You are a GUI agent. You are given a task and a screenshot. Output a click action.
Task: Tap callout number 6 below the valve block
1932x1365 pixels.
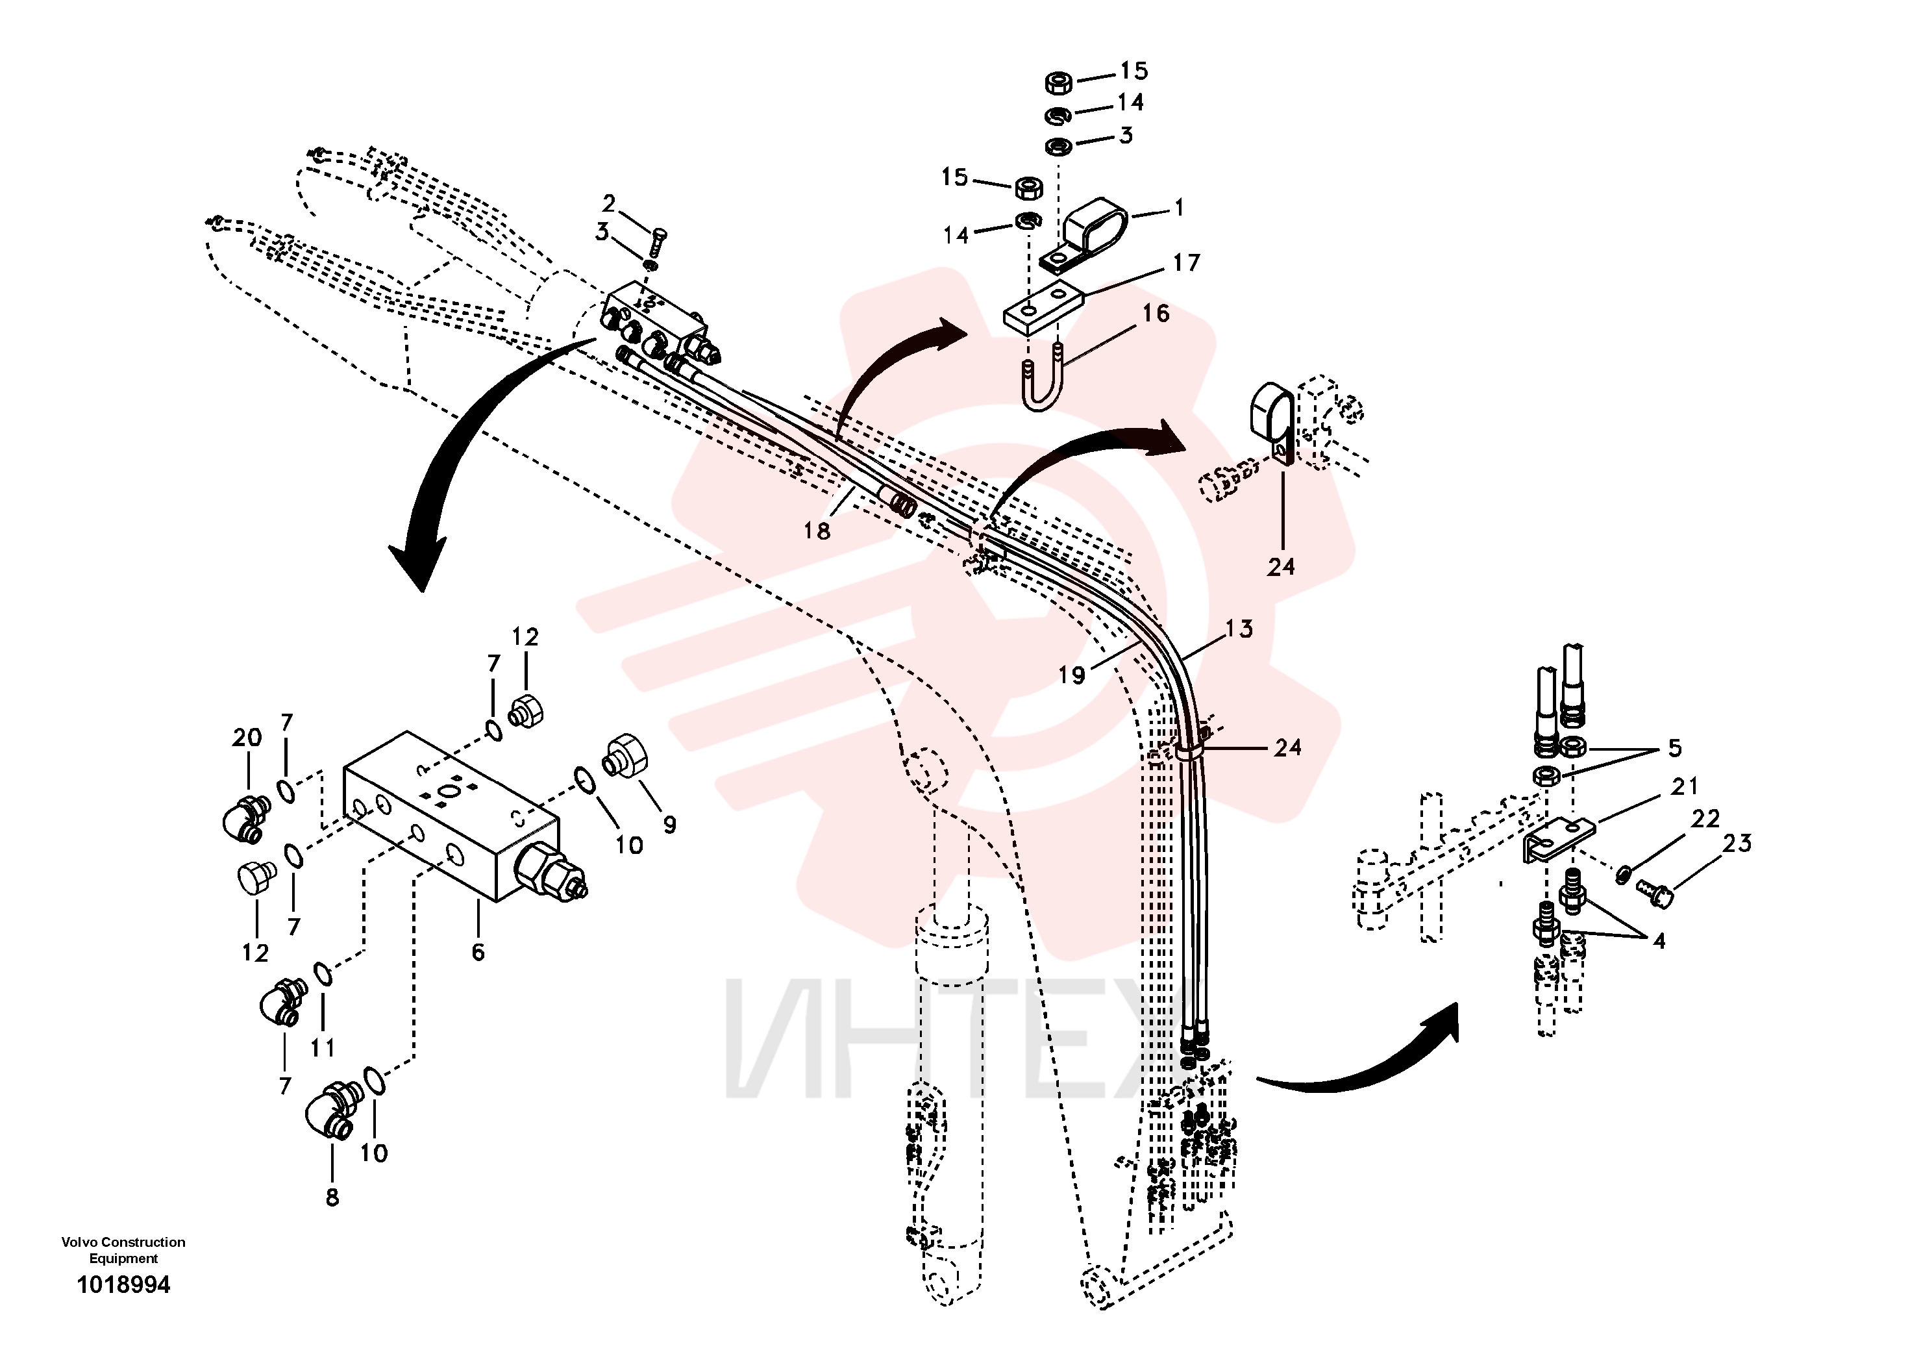(478, 952)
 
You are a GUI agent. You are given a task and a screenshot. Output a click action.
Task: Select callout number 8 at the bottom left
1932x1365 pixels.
(332, 1197)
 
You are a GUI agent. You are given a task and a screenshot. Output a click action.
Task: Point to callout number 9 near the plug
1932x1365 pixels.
(670, 824)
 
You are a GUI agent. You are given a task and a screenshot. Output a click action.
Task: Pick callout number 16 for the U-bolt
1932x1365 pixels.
(1156, 313)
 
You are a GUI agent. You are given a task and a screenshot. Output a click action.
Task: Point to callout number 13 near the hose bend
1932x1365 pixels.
(1239, 628)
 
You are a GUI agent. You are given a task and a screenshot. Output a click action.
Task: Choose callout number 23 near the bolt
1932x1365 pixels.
(1738, 842)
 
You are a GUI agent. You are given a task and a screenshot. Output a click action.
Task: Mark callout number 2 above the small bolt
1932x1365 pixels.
(608, 204)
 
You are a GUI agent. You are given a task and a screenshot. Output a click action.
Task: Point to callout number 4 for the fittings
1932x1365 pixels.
(1659, 941)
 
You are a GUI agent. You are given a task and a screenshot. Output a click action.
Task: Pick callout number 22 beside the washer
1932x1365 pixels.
(1705, 818)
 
